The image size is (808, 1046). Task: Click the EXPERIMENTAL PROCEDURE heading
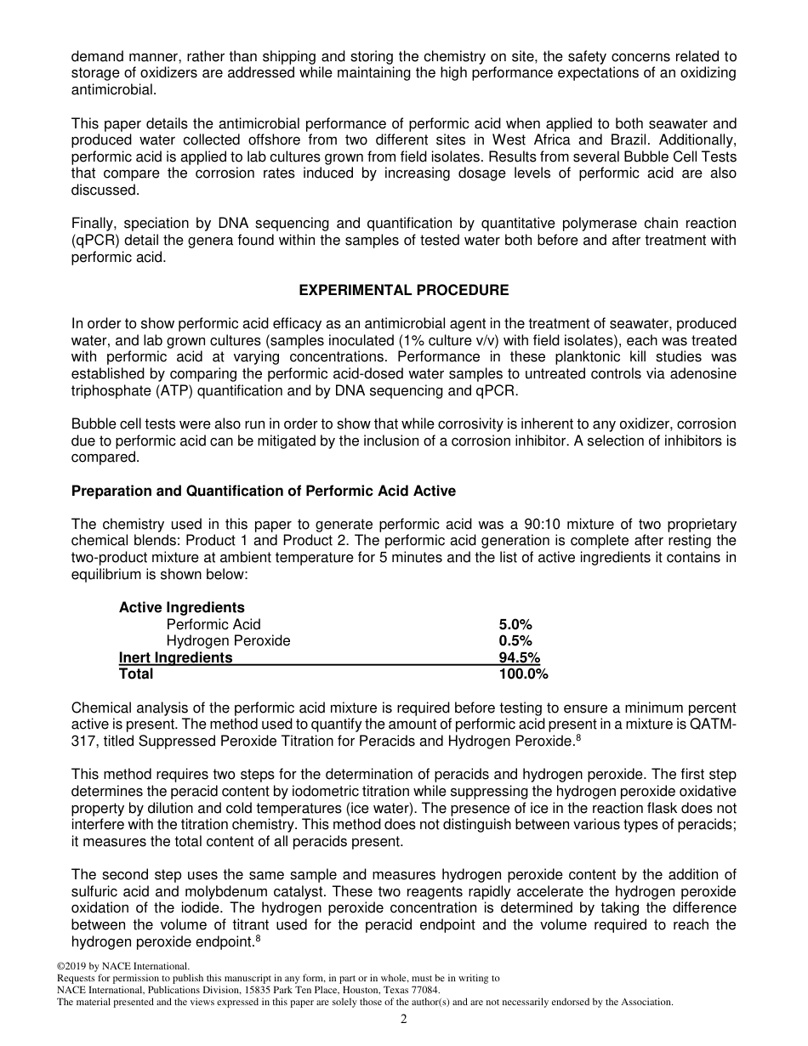(x=403, y=290)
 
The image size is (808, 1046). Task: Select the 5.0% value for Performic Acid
(x=515, y=624)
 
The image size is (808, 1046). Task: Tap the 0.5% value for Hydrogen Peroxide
(x=515, y=640)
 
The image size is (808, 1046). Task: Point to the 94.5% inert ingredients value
(x=519, y=657)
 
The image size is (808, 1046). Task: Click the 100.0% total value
(x=523, y=674)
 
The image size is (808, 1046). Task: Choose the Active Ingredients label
(x=181, y=607)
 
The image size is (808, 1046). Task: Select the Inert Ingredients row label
(x=175, y=657)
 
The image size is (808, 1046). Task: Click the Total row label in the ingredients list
(x=136, y=674)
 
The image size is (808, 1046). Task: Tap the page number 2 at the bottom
(x=404, y=1020)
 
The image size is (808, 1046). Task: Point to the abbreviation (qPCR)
(x=94, y=240)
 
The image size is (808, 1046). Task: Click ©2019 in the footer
(x=72, y=966)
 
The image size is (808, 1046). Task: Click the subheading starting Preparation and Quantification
(x=263, y=491)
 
